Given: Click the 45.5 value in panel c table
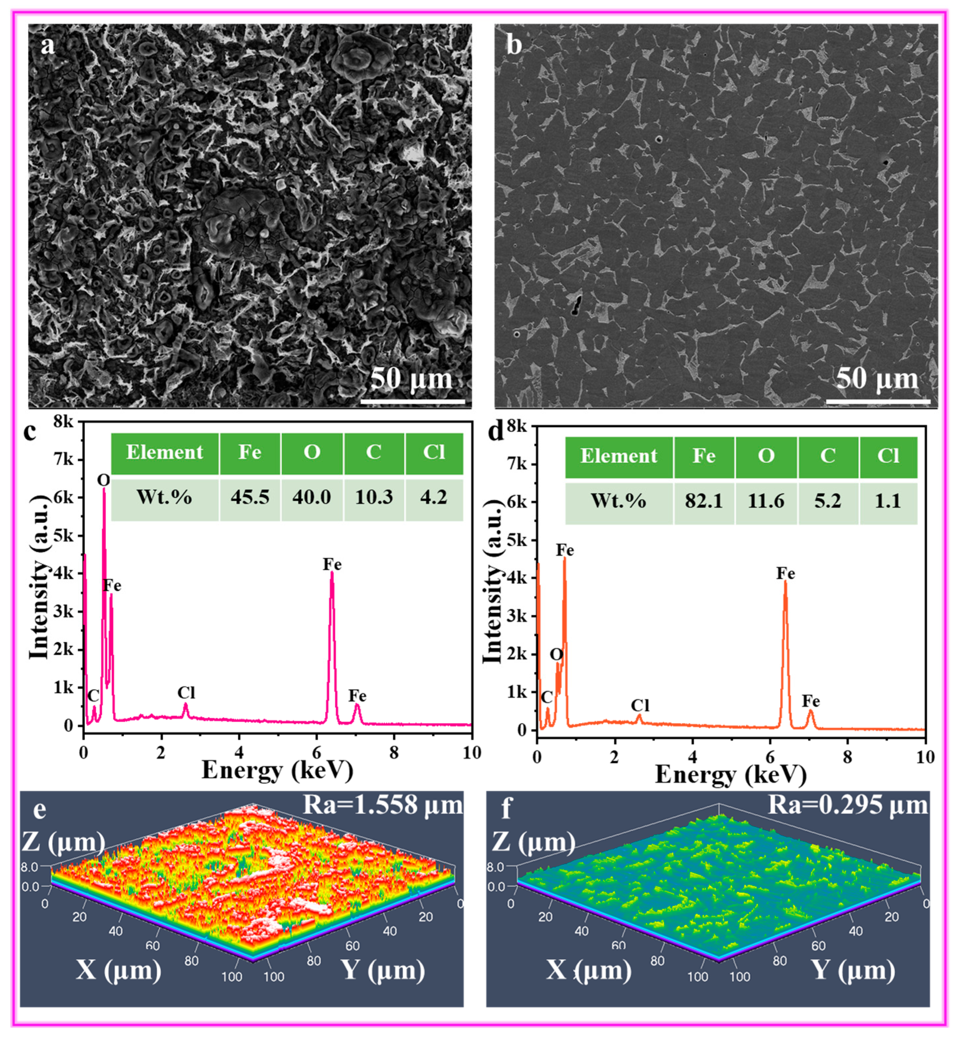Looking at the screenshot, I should (250, 497).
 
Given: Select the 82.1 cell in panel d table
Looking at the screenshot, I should (704, 501).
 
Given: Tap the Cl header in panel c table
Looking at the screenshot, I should (434, 452).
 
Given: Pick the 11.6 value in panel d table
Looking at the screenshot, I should (765, 501).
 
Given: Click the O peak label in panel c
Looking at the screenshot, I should (104, 480).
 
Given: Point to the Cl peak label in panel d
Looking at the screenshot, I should (640, 705).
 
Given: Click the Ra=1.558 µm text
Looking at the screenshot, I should (383, 805).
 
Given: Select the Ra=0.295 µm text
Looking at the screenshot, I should (848, 805).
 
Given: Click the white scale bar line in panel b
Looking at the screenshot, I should (878, 401).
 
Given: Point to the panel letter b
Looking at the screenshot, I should (514, 45).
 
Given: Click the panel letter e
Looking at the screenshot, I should (40, 810).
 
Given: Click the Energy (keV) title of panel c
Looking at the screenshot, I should (277, 770).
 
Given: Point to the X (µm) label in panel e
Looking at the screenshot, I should (119, 969).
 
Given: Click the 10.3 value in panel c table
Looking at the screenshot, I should (374, 497).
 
